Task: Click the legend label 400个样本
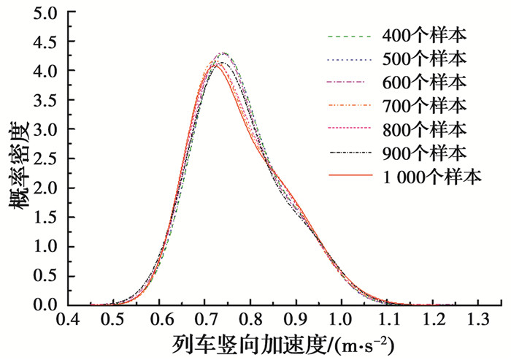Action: click(423, 35)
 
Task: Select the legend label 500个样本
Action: click(423, 58)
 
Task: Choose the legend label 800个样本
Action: click(423, 129)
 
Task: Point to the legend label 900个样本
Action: click(423, 153)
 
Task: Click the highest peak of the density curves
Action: click(224, 53)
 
